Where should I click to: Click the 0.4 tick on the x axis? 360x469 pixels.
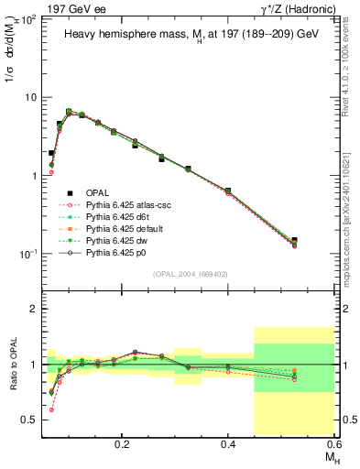pos(228,442)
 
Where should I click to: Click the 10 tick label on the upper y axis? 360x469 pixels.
pos(30,97)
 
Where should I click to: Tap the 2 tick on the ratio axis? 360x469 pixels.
pos(34,309)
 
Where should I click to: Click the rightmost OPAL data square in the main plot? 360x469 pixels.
pos(318,241)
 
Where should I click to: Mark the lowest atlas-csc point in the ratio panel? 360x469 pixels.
pos(51,409)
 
